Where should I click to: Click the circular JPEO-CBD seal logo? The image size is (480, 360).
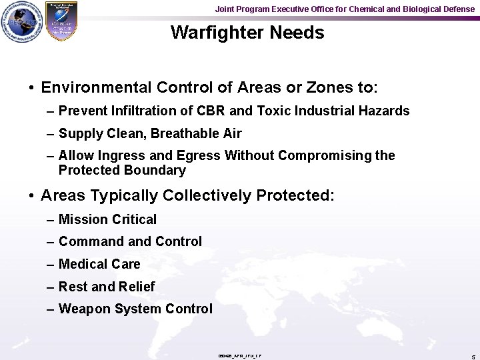coord(21,22)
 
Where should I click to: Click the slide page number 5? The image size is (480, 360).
coord(471,356)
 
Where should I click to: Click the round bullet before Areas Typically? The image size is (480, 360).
coord(31,196)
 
